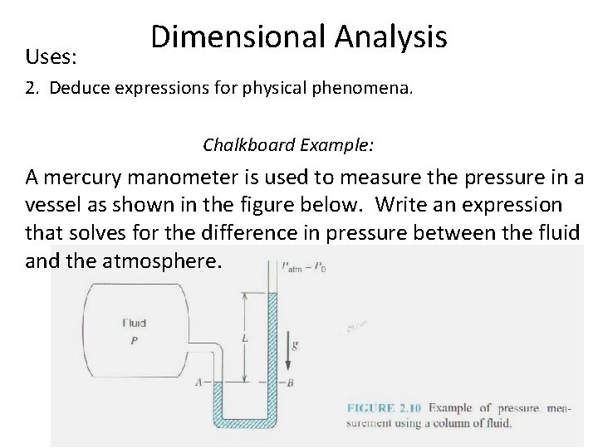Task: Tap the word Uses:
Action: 51,58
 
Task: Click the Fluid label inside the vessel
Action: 135,324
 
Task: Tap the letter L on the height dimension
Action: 243,340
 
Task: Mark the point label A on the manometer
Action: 197,383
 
